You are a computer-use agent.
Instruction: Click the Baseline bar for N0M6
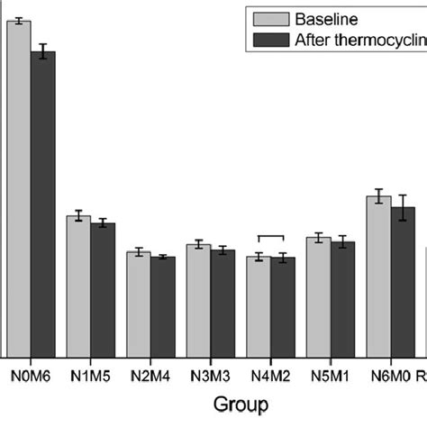(x=19, y=189)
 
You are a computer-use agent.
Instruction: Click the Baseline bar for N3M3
(x=198, y=301)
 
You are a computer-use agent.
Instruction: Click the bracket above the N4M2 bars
(x=271, y=237)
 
